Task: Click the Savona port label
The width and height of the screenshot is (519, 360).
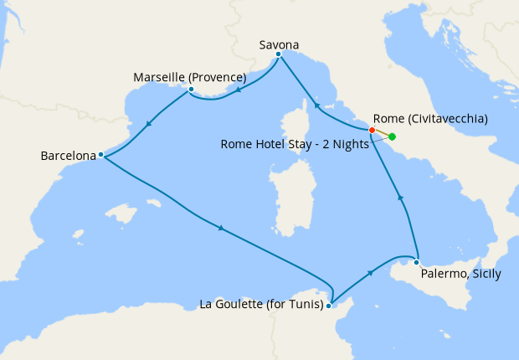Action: coord(280,44)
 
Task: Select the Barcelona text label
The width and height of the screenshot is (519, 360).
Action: coord(69,155)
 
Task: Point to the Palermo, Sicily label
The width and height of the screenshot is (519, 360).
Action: coord(460,274)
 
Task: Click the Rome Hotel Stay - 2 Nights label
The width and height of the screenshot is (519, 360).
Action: coord(296,143)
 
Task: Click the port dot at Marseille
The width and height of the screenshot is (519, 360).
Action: coord(192,89)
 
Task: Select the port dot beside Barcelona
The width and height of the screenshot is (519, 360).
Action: coord(100,154)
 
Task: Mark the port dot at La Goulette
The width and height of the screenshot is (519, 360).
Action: coord(329,306)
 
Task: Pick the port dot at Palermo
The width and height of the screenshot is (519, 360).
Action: coord(416,262)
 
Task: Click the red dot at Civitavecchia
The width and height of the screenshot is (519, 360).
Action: coord(372,130)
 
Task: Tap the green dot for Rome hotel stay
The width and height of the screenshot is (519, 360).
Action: coord(392,136)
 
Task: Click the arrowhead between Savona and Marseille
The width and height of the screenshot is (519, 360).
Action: coord(238,90)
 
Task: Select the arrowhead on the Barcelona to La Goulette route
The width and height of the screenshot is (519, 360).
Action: coord(220,227)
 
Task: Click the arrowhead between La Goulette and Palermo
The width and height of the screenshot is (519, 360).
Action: coord(369,273)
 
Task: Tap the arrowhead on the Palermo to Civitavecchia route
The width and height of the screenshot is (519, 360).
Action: coord(400,198)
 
